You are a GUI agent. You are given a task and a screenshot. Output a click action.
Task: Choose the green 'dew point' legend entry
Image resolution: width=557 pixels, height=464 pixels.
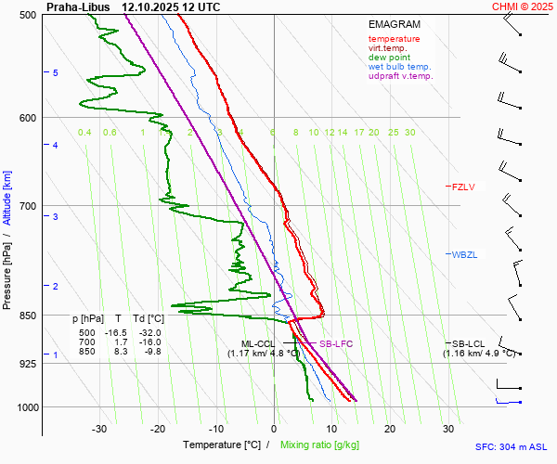pos(389,58)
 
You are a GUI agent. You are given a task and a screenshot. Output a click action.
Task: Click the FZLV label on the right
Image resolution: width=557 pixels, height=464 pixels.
pos(463,187)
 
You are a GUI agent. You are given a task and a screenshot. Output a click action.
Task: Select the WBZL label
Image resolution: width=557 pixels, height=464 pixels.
pos(463,254)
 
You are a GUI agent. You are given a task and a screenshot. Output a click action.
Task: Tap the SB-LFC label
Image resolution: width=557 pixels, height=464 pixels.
pos(335,344)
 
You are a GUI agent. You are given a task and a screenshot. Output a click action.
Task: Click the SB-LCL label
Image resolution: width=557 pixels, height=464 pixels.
pos(469,343)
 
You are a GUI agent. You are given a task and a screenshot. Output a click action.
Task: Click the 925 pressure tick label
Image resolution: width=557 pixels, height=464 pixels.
pos(28,364)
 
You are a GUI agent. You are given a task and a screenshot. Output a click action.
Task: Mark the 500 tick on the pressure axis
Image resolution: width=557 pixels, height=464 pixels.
pos(28,16)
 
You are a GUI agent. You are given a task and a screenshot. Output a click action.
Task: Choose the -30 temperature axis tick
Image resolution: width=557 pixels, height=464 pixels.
pos(99,429)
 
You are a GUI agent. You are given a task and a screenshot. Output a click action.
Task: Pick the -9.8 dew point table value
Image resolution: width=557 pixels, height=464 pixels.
pos(150,351)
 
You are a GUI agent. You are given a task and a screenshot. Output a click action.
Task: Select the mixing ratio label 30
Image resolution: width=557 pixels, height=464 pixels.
pos(409,133)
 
